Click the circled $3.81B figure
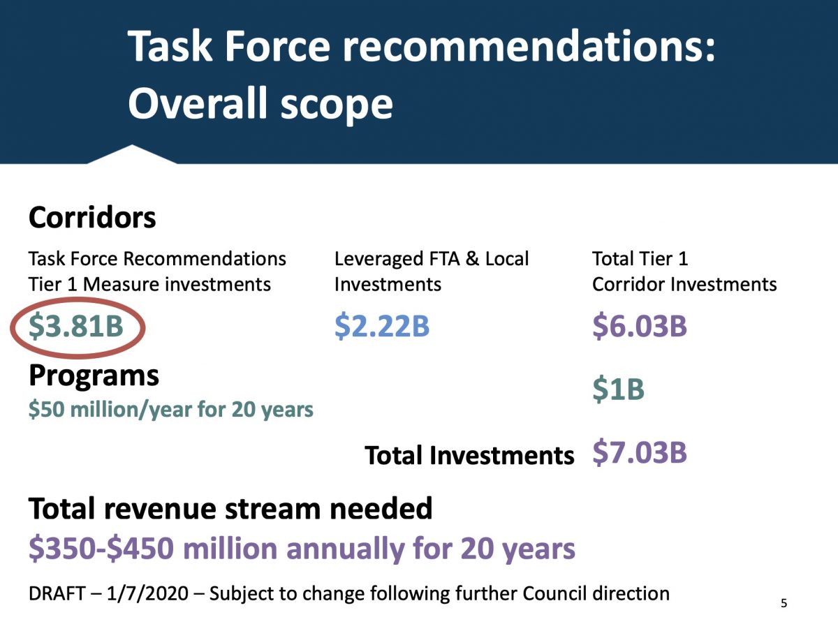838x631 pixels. click(x=76, y=327)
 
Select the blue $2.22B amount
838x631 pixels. click(x=382, y=327)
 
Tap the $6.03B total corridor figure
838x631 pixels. click(x=640, y=327)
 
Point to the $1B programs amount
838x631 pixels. click(x=618, y=389)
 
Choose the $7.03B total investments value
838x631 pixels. click(x=640, y=452)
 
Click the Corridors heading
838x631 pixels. click(x=92, y=218)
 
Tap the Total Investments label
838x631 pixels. click(x=469, y=455)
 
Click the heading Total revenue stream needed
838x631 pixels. click(x=230, y=509)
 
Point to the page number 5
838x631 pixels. click(x=784, y=603)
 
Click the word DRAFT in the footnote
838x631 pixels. click(x=57, y=593)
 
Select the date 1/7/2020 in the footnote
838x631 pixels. click(x=147, y=594)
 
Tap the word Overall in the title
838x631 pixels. click(x=197, y=104)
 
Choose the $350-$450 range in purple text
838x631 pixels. click(x=101, y=549)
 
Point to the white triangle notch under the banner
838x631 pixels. click(x=132, y=154)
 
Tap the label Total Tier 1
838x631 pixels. click(x=640, y=259)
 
